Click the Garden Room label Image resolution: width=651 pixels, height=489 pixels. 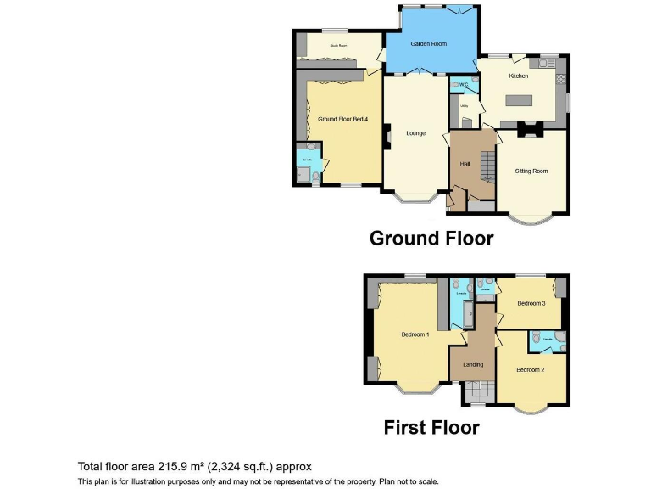click(429, 43)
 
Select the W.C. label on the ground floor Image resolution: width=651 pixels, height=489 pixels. click(463, 84)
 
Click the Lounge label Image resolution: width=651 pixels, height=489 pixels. click(415, 133)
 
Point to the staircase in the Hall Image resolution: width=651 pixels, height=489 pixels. click(487, 164)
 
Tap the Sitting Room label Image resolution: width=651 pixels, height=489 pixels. click(531, 171)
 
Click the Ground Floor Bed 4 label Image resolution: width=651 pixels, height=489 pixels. click(342, 120)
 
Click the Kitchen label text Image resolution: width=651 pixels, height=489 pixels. click(518, 76)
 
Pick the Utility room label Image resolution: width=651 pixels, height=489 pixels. click(464, 106)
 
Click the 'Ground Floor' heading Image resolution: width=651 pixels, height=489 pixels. click(431, 239)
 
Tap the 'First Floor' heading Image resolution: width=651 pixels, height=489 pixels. click(431, 427)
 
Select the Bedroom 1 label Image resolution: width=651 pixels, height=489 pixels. click(415, 334)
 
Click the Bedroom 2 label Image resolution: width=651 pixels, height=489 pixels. click(530, 369)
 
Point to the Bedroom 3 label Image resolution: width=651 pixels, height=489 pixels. click(531, 303)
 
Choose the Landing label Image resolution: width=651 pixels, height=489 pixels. click(472, 364)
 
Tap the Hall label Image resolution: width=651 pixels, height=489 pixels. click(465, 163)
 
